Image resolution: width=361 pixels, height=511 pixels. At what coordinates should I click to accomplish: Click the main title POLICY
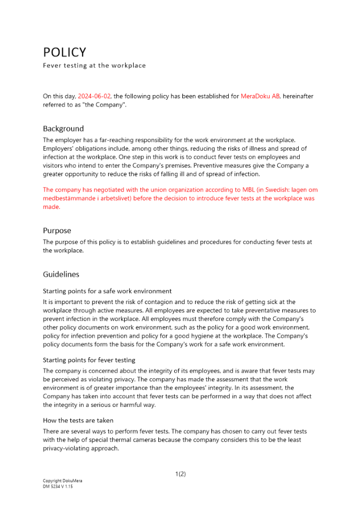point(64,52)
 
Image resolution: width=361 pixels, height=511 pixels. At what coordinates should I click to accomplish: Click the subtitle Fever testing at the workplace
point(94,65)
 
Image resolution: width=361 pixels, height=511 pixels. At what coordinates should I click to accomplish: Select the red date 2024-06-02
point(94,96)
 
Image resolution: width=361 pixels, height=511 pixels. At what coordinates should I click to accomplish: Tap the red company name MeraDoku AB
point(260,96)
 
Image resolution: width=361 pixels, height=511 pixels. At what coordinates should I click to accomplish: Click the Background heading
point(63,129)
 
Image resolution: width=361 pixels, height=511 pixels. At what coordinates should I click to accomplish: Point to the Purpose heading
point(57,230)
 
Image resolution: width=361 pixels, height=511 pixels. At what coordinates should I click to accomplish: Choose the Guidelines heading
point(61,274)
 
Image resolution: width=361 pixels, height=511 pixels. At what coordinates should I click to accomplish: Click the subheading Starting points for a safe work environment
point(107,291)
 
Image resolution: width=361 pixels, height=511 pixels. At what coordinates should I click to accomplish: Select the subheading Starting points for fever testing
point(89,360)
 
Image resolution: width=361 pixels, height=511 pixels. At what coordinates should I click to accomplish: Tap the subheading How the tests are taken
point(78,421)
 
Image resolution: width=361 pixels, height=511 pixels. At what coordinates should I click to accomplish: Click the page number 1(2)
point(180,474)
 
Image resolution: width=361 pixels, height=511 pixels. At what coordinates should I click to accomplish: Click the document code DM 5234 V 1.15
point(58,486)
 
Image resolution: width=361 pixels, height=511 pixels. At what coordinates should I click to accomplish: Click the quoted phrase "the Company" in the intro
point(108,104)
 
